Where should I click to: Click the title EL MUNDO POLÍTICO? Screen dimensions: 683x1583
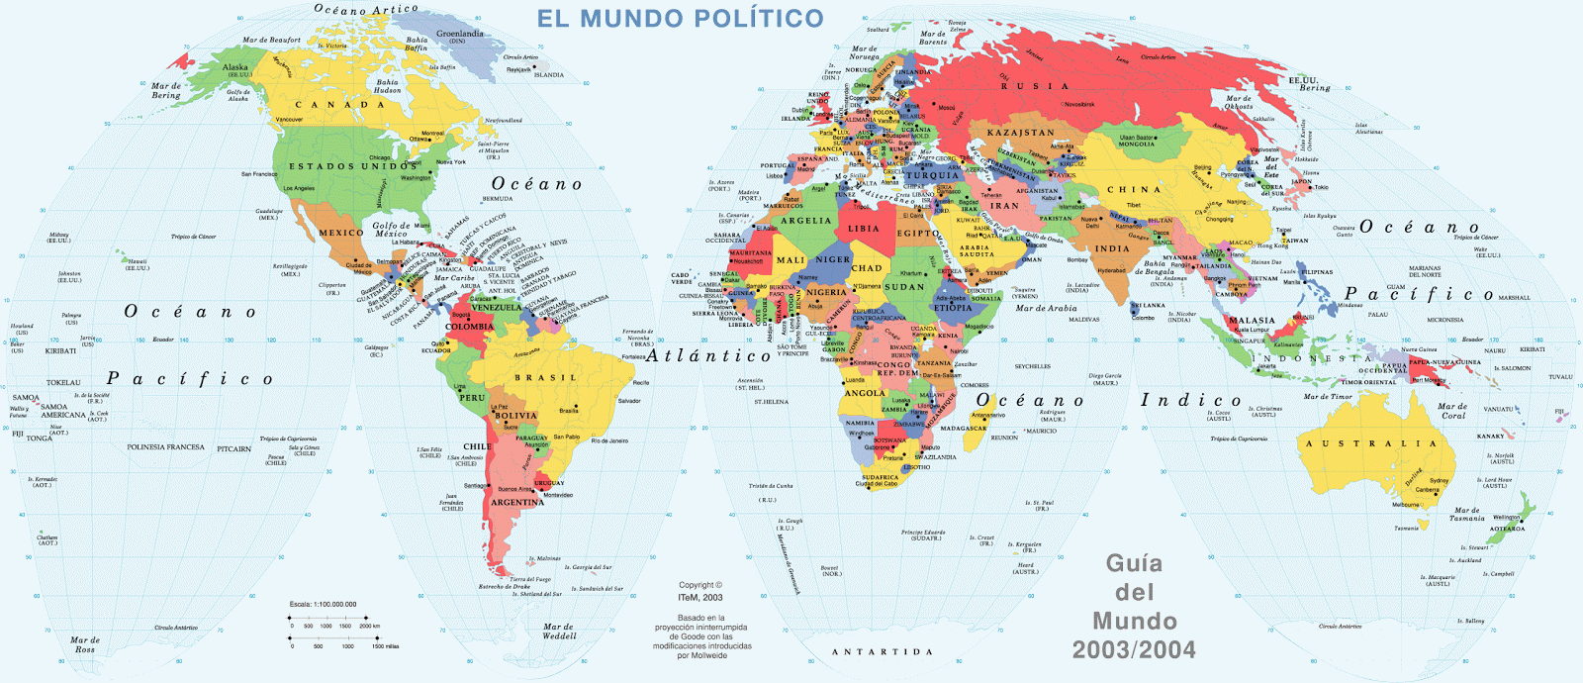click(x=680, y=19)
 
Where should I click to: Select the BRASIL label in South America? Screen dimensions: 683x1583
click(x=545, y=378)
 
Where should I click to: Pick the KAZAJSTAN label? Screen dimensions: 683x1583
click(x=1020, y=133)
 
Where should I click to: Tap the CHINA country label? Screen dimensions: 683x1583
click(x=1134, y=189)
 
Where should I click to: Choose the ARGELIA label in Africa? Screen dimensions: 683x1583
click(x=806, y=221)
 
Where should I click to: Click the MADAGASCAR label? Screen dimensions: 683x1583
click(x=963, y=429)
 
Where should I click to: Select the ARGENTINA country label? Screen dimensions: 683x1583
click(x=517, y=503)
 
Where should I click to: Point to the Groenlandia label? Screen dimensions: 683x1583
click(x=460, y=35)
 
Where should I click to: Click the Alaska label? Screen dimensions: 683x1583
click(x=235, y=68)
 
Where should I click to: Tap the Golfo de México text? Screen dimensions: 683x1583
click(x=391, y=230)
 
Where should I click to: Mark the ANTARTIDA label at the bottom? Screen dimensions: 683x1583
click(x=882, y=652)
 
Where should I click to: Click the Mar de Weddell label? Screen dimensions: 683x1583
click(x=559, y=631)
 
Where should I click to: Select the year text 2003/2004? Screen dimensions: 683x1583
click(x=1134, y=650)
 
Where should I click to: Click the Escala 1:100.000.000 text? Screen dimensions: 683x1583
click(x=323, y=604)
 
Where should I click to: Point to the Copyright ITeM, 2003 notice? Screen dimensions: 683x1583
click(x=700, y=591)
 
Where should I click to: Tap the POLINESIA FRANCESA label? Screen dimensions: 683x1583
click(x=165, y=447)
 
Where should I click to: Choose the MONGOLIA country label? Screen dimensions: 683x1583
click(x=1137, y=145)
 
